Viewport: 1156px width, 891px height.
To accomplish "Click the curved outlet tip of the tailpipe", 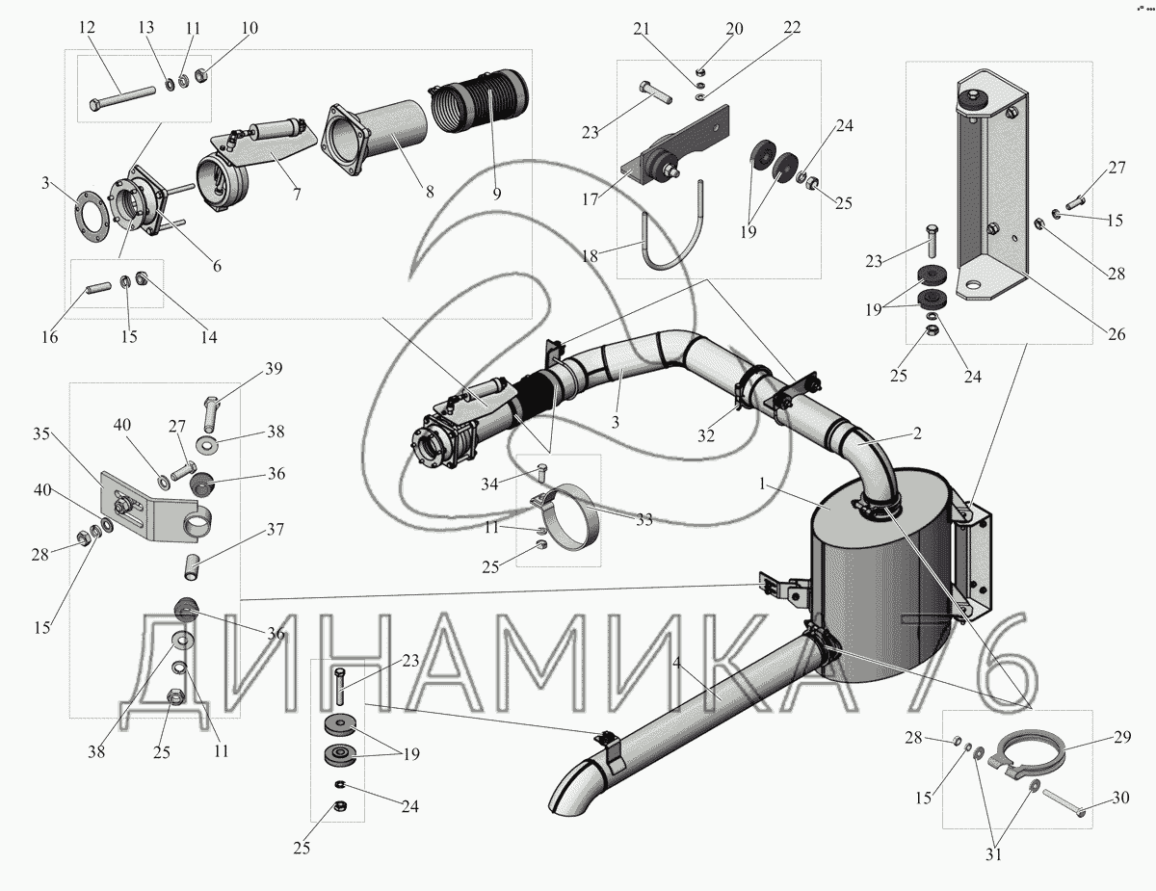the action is click(568, 790).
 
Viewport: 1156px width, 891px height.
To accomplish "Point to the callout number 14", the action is click(207, 337).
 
